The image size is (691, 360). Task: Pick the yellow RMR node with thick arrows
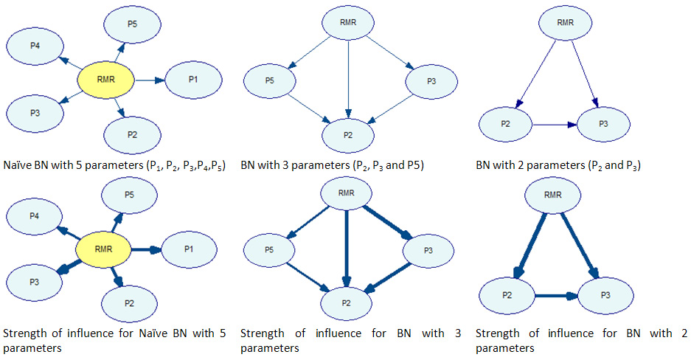pyautogui.click(x=103, y=250)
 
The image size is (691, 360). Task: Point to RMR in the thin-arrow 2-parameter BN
pyautogui.click(x=565, y=23)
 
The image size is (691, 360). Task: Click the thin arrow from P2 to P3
pyautogui.click(x=554, y=125)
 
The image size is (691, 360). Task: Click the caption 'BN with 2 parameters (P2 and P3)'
pyautogui.click(x=558, y=165)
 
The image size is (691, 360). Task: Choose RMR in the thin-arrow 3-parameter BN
pyautogui.click(x=349, y=23)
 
